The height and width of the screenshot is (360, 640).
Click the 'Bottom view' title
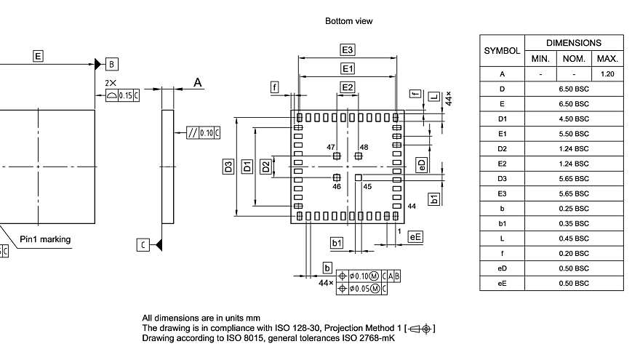pos(348,21)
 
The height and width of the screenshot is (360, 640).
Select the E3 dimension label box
pos(348,50)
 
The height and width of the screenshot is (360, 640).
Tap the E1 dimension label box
pos(348,68)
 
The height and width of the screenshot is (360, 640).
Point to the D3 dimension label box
pos(228,166)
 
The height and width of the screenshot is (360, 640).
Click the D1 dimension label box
pos(247,166)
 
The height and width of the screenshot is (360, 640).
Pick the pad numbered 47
pos(336,156)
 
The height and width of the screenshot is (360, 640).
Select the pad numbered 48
pos(358,156)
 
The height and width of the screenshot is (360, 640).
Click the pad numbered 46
pos(336,177)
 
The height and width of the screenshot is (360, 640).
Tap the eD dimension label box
pos(421,165)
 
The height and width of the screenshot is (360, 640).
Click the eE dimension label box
pos(415,237)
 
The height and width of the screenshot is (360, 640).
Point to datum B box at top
pos(112,63)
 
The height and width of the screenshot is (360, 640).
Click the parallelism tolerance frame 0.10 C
pos(204,132)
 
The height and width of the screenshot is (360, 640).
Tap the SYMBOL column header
pos(502,51)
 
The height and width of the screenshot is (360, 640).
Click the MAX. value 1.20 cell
pos(607,74)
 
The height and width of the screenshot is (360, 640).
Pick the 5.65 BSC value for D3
pos(574,178)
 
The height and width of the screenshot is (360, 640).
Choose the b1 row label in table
pos(502,223)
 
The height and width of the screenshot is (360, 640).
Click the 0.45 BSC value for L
pos(574,238)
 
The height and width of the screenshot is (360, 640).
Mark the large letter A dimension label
pos(197,84)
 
